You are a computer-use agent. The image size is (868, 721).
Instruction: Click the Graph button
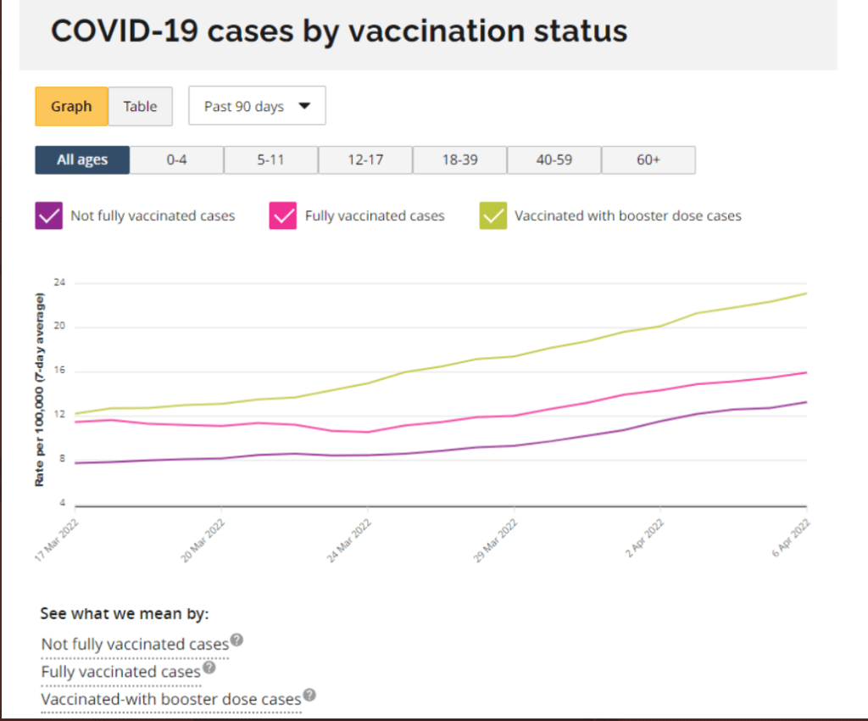pyautogui.click(x=71, y=106)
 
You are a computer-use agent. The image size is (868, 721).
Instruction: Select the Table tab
pyautogui.click(x=140, y=106)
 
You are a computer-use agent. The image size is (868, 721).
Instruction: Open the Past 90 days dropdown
pyautogui.click(x=257, y=106)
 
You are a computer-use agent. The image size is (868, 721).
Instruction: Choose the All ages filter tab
pyautogui.click(x=82, y=159)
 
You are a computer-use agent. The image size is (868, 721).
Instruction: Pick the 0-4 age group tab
pyautogui.click(x=176, y=159)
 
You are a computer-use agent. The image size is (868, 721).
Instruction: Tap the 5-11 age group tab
pyautogui.click(x=270, y=159)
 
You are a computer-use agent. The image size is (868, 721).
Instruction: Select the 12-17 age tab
pyautogui.click(x=365, y=159)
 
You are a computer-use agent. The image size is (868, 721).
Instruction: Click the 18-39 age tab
pyautogui.click(x=459, y=159)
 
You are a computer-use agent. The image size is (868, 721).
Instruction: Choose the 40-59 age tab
pyautogui.click(x=554, y=159)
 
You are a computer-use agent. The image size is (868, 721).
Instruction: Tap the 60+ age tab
pyautogui.click(x=648, y=159)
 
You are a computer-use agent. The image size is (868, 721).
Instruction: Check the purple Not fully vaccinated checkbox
pyautogui.click(x=48, y=215)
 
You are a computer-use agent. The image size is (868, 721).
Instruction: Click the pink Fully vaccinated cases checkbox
pyautogui.click(x=282, y=215)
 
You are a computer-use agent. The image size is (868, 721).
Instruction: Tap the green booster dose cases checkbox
pyautogui.click(x=492, y=215)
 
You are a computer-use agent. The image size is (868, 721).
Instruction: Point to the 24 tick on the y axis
pyautogui.click(x=60, y=282)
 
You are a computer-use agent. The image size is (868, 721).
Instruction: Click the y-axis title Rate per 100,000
pyautogui.click(x=40, y=389)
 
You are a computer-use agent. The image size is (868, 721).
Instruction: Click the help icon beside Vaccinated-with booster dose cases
pyautogui.click(x=310, y=695)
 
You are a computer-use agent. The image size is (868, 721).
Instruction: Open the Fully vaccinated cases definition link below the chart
pyautogui.click(x=120, y=672)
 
